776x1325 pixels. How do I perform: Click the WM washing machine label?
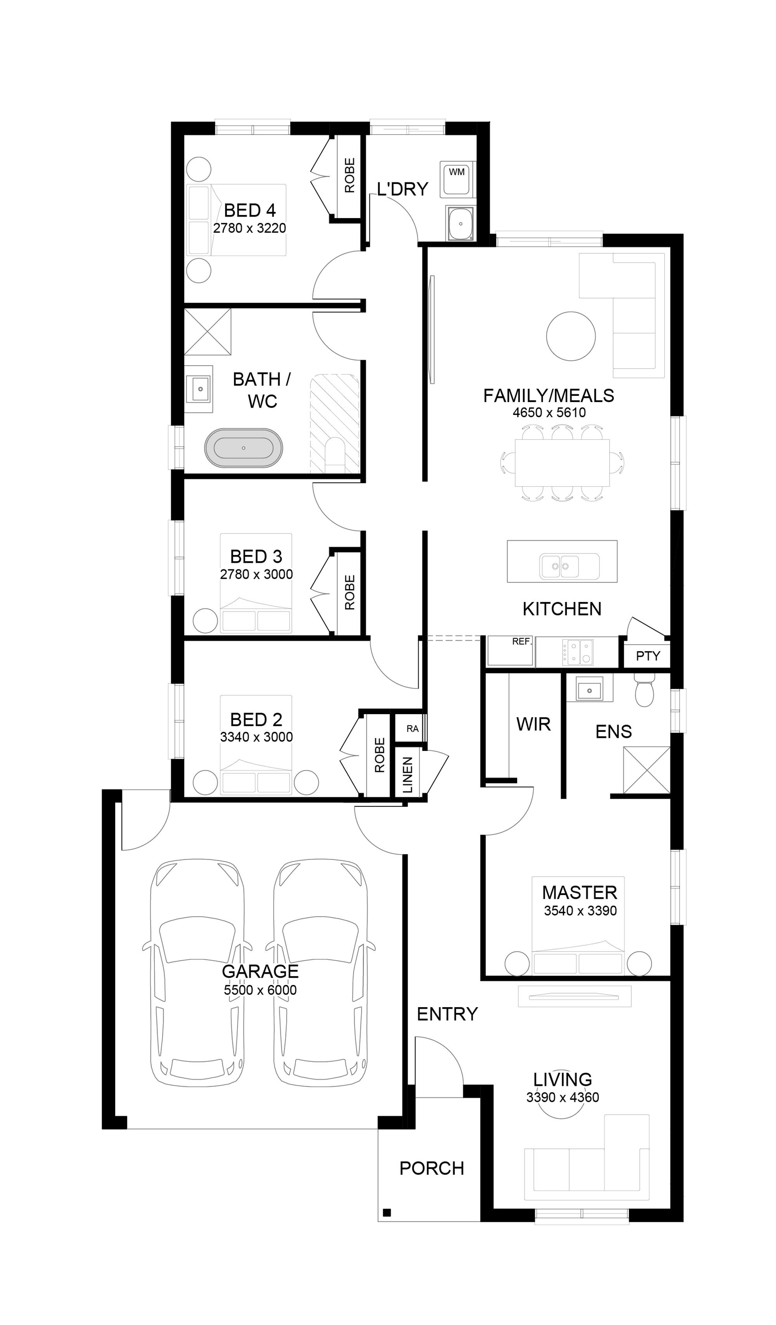coord(456,172)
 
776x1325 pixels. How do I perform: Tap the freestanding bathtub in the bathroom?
coord(243,448)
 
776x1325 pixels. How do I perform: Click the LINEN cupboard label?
coord(408,775)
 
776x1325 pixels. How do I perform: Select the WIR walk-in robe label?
coord(533,724)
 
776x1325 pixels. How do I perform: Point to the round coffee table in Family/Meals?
coord(571,336)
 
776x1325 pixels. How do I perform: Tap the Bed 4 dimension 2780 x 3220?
coord(250,228)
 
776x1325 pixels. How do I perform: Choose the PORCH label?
coord(431,1168)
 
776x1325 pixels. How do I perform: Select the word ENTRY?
coord(447,1014)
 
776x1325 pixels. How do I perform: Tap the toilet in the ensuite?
coord(644,690)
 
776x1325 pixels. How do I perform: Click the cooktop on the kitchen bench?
coord(578,652)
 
